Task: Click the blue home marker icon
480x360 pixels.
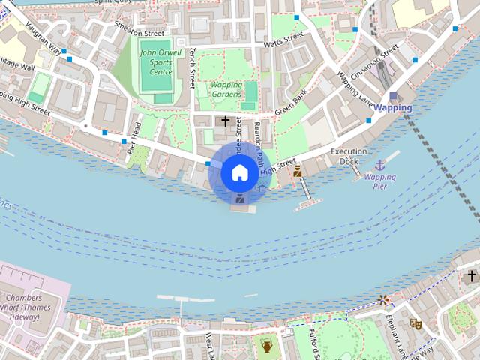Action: pyautogui.click(x=238, y=172)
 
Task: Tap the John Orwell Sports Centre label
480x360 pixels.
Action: pyautogui.click(x=156, y=62)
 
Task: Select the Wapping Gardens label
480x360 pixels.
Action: pyautogui.click(x=226, y=90)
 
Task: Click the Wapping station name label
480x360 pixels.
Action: pyautogui.click(x=392, y=107)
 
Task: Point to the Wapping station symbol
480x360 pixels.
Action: pyautogui.click(x=394, y=95)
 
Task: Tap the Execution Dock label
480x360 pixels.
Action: pyautogui.click(x=349, y=156)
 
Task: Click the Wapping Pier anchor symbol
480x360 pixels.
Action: pyautogui.click(x=379, y=163)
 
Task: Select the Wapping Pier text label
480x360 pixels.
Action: pyautogui.click(x=379, y=181)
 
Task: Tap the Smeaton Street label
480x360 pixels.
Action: pyautogui.click(x=138, y=28)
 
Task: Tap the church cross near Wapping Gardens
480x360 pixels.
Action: pyautogui.click(x=225, y=120)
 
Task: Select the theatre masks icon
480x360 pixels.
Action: pyautogui.click(x=415, y=324)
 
